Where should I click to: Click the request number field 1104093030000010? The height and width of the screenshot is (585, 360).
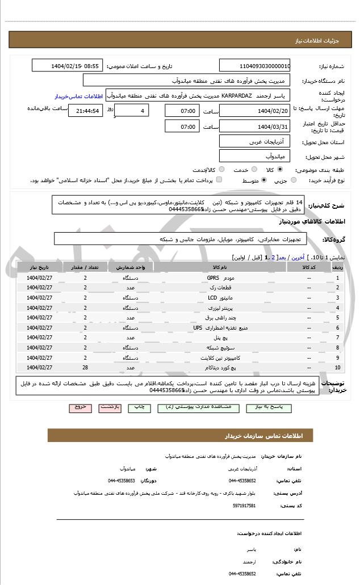254,66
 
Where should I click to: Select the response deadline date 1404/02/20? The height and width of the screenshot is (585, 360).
254,111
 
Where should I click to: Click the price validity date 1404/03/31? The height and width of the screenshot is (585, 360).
254,127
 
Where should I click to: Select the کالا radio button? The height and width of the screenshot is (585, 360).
280,170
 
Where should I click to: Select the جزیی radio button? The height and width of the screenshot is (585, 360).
294,180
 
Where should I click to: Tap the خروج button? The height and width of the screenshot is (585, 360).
79,407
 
